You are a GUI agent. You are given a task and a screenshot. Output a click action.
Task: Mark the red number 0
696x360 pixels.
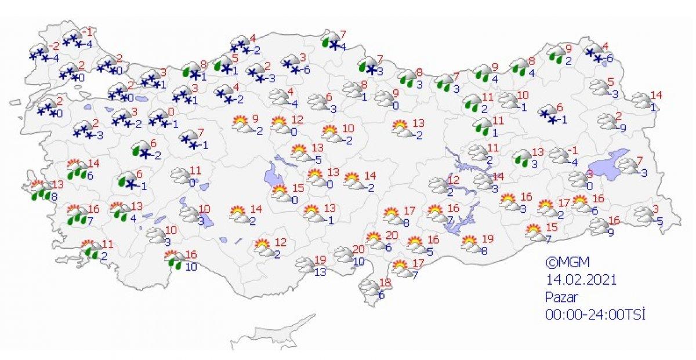pyautogui.click(x=171, y=111)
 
